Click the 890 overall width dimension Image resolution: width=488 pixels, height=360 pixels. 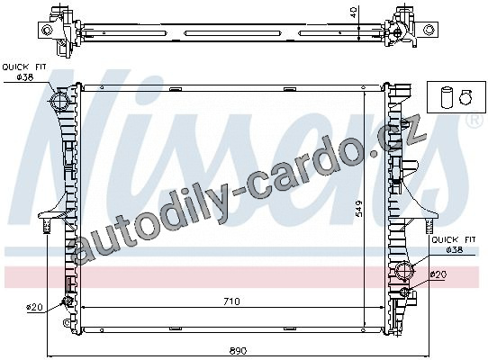238,351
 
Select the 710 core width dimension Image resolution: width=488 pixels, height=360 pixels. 232,301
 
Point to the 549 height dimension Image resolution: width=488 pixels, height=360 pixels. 359,209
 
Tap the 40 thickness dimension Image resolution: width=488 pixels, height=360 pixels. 353,13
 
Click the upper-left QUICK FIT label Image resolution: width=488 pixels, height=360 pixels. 24,67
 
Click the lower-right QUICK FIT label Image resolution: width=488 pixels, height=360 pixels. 454,240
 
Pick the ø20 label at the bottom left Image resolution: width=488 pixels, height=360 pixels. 34,307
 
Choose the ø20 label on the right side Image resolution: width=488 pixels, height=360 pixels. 438,274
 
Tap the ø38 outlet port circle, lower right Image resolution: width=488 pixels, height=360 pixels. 405,269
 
